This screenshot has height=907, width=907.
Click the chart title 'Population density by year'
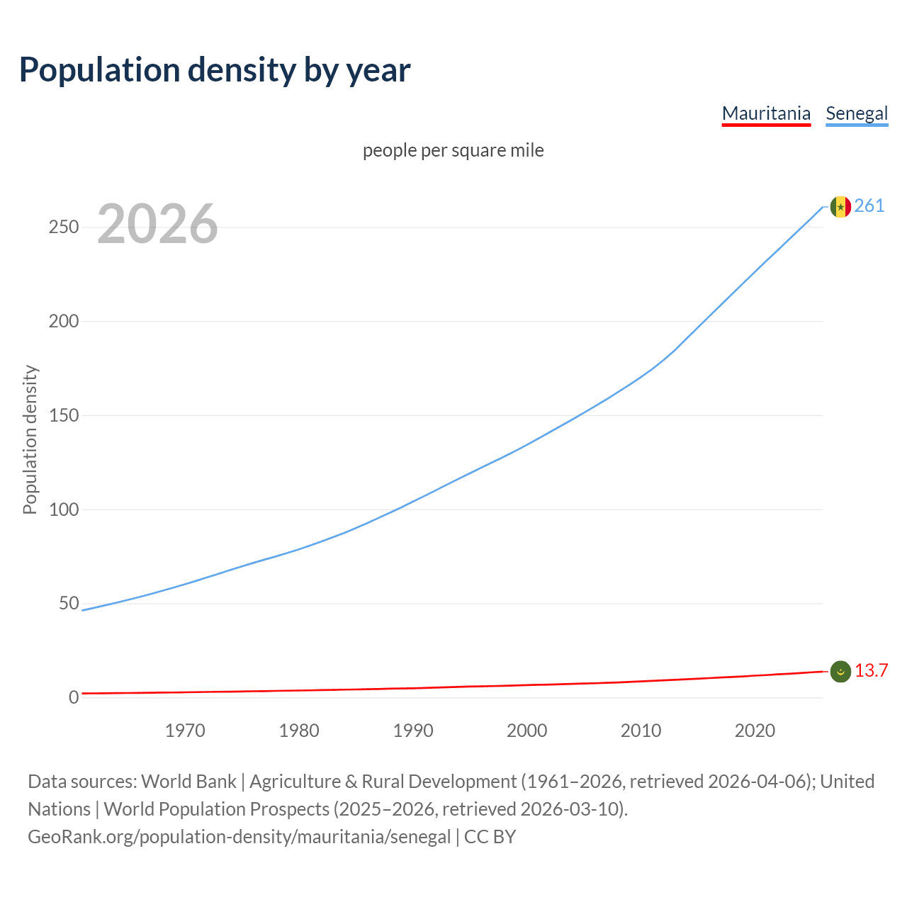click(215, 69)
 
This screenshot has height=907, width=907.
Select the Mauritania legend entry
click(766, 113)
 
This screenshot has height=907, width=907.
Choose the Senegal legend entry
click(857, 113)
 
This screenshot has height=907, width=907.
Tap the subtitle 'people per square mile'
click(453, 150)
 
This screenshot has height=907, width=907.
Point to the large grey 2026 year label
click(157, 224)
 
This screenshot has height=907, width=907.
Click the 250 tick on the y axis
click(64, 227)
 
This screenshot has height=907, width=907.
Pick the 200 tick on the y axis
click(64, 321)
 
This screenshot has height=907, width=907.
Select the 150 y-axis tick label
click(64, 415)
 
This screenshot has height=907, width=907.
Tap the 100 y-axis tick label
click(64, 509)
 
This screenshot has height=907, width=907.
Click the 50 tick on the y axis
click(69, 604)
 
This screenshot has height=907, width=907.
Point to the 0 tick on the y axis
click(74, 698)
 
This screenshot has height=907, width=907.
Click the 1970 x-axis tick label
click(185, 731)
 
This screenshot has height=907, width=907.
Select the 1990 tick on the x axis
click(413, 731)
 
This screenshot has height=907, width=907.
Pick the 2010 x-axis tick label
click(641, 731)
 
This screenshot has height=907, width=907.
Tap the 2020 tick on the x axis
click(755, 731)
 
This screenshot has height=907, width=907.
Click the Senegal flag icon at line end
click(840, 207)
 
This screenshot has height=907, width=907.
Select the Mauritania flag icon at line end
click(840, 672)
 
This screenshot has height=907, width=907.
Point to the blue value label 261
click(869, 206)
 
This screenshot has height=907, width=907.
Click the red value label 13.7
click(871, 671)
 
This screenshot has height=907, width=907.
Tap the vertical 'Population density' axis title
click(30, 439)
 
